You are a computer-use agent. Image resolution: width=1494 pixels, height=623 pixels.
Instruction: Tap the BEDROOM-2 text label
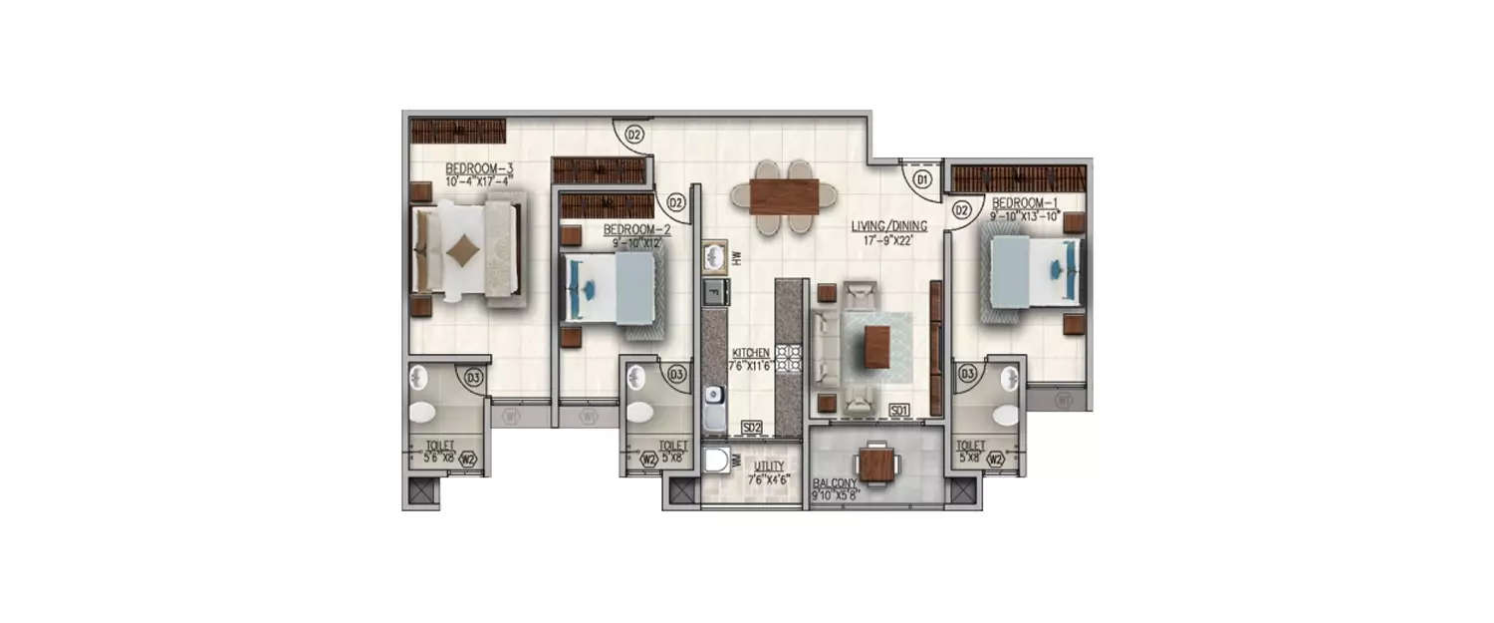point(637,228)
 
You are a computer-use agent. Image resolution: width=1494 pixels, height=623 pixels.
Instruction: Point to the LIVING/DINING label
point(882,226)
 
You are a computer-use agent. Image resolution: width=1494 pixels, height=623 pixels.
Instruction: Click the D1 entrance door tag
point(921,180)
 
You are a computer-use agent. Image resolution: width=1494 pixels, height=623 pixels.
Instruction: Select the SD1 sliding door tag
point(899,410)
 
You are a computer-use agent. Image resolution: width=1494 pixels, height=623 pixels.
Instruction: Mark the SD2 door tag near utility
point(752,428)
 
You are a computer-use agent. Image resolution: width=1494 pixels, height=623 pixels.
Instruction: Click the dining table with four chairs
point(784,196)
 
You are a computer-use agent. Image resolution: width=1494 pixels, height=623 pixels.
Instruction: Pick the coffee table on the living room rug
point(876,347)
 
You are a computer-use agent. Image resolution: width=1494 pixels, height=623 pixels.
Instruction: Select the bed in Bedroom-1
point(1033,270)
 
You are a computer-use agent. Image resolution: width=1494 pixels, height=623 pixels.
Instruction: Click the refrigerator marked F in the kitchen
point(714,291)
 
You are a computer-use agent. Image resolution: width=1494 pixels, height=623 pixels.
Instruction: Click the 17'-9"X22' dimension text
point(882,239)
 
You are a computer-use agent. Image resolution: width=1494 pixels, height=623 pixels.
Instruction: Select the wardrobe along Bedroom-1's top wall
point(1017,179)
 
